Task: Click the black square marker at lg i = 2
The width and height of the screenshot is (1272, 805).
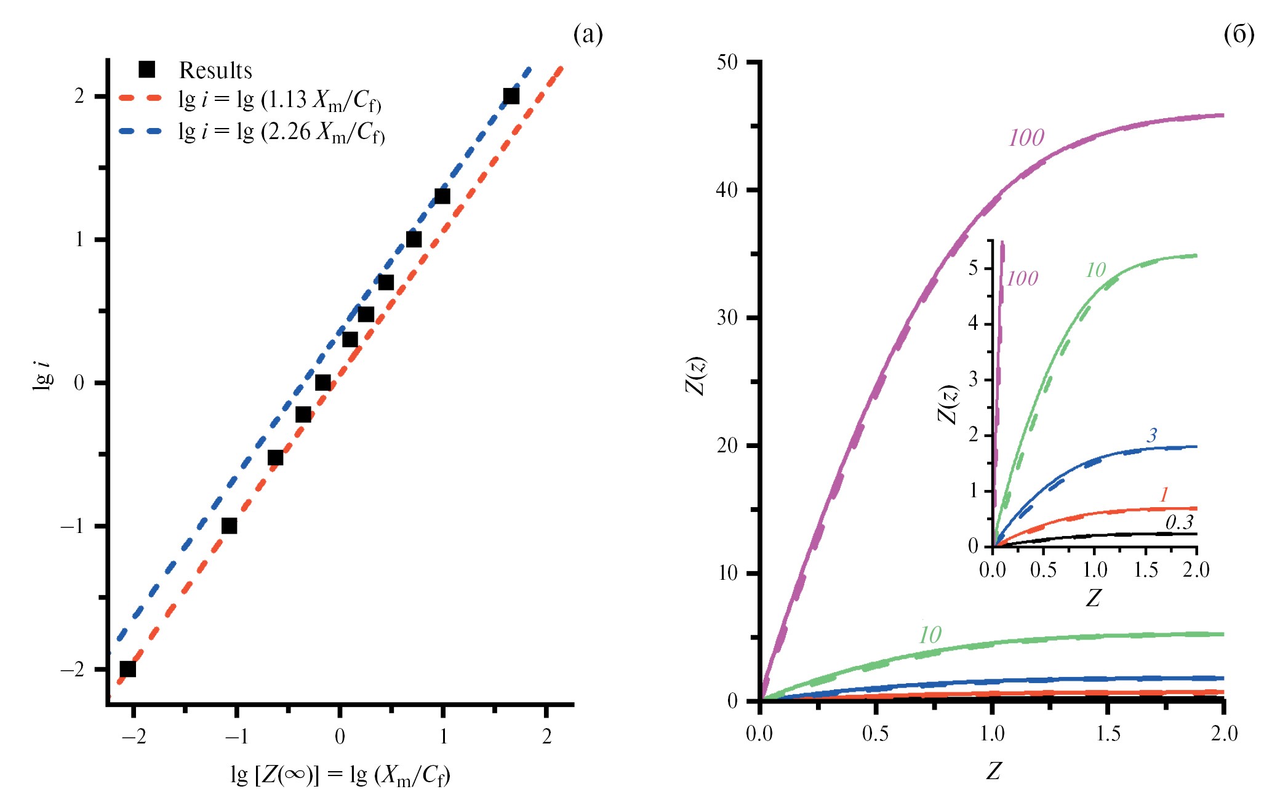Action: coord(511,96)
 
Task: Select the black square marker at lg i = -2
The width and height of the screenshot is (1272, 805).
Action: coord(127,669)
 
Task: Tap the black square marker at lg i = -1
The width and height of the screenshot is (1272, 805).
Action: coord(229,526)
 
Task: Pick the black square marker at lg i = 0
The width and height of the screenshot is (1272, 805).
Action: coord(322,383)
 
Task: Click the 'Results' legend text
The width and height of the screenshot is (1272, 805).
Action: coord(215,70)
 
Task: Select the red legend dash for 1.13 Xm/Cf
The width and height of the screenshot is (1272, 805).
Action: coord(140,98)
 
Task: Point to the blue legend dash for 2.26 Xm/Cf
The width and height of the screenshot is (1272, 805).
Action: coord(140,130)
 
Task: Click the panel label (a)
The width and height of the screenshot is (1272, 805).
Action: coord(588,34)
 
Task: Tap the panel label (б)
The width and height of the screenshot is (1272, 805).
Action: coord(1239,34)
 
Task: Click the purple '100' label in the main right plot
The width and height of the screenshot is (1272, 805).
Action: coord(1026,138)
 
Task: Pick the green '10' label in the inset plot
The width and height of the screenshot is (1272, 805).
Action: coord(1095,270)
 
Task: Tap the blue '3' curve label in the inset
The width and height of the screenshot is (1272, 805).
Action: coord(1151,436)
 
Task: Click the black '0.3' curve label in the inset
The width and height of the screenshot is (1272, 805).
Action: coord(1179,523)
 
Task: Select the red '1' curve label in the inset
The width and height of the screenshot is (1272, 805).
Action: coord(1164,494)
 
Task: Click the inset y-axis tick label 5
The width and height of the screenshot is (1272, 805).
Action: coord(973,269)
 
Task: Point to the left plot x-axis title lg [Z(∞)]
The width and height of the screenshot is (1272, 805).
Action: coord(340,775)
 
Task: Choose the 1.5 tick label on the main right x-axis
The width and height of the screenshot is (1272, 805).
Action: coord(1108,734)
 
